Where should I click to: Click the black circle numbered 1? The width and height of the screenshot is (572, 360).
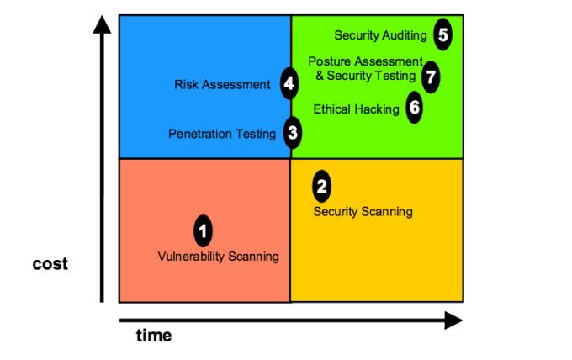(x=203, y=229)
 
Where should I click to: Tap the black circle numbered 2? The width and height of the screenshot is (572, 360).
(x=320, y=184)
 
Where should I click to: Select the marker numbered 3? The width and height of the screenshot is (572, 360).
(x=292, y=132)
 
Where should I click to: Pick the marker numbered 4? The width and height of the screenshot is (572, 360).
(x=289, y=83)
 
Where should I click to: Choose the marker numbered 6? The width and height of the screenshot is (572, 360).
(x=414, y=108)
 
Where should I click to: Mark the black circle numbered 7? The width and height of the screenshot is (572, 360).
(x=431, y=77)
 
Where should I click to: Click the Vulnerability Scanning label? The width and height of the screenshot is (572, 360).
(x=218, y=256)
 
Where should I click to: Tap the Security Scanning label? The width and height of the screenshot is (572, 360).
(x=363, y=211)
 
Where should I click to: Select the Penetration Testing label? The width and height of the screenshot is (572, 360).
(x=222, y=133)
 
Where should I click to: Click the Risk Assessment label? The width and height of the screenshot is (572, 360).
(x=222, y=84)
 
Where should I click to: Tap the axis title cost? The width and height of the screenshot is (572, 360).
(x=50, y=263)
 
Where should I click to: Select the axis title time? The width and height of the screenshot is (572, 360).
(x=154, y=335)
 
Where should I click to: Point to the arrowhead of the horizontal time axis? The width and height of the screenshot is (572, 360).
(x=453, y=320)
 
